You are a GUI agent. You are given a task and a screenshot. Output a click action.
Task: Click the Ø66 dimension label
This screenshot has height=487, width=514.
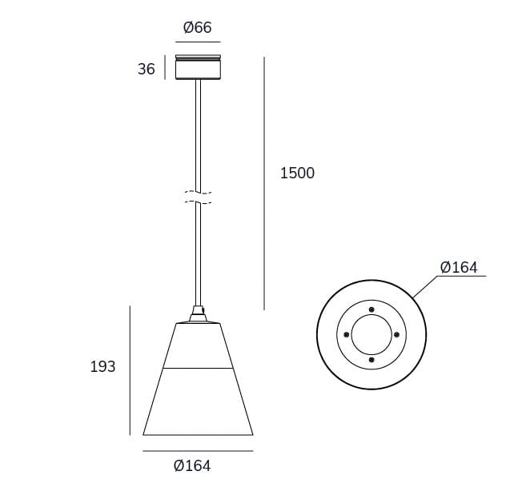(x=198, y=28)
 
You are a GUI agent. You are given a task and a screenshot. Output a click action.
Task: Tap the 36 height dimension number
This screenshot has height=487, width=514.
(x=147, y=70)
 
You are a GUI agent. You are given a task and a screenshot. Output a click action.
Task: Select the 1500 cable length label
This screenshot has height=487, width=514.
(x=297, y=173)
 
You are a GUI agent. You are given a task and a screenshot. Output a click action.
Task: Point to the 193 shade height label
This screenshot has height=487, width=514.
(x=103, y=367)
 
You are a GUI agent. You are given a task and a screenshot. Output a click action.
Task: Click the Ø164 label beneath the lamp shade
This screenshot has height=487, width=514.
(x=192, y=465)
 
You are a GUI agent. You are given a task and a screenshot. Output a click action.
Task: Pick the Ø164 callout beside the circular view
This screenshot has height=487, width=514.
(x=459, y=267)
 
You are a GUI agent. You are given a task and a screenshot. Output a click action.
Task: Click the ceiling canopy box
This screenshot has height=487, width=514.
(x=198, y=68)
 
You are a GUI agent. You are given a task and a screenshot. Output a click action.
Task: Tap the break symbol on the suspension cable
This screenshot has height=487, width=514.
(x=198, y=198)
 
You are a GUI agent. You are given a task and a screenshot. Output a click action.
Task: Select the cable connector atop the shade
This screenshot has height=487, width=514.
(x=197, y=313)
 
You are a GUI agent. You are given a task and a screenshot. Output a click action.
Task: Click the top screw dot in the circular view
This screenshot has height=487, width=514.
(x=371, y=309)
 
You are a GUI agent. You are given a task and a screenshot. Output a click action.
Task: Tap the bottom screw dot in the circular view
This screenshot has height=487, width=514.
(x=371, y=360)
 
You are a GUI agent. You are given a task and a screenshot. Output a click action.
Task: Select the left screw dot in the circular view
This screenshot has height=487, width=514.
(x=346, y=334)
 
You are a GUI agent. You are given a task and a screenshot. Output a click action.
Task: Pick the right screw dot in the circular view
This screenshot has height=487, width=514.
(x=396, y=334)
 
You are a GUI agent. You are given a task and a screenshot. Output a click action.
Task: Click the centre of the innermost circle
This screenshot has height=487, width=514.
(x=371, y=334)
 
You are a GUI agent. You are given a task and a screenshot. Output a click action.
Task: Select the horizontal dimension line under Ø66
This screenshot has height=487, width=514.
(x=198, y=42)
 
